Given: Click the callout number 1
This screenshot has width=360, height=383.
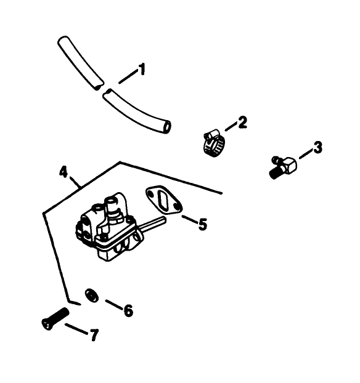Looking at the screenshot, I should (142, 70).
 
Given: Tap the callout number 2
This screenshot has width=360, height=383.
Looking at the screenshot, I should (242, 122).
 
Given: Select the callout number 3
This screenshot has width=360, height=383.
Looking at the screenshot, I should (317, 147).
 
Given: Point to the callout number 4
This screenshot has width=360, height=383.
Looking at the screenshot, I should (63, 171).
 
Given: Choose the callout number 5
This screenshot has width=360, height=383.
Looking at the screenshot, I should (202, 224).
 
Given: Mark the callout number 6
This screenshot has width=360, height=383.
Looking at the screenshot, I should (128, 311).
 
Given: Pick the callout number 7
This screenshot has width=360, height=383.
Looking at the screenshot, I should (94, 336).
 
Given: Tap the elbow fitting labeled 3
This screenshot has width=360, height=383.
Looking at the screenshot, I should (283, 166).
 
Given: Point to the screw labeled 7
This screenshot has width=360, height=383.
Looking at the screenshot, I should (54, 318).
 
